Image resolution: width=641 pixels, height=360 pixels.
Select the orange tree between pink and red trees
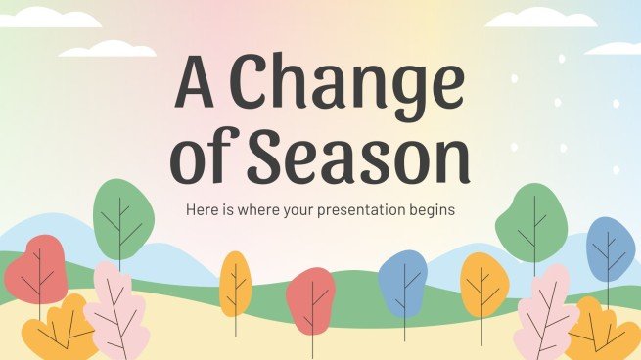pos(235,283)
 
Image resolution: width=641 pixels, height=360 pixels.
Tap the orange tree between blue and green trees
pos(484,284)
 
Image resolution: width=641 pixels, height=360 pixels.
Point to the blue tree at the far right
pos(611,249)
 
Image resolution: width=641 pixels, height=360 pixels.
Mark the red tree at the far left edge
pos(35,269)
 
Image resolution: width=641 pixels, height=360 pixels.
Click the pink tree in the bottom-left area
pos(117,311)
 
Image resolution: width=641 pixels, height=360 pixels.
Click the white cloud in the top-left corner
pos(39,17)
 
